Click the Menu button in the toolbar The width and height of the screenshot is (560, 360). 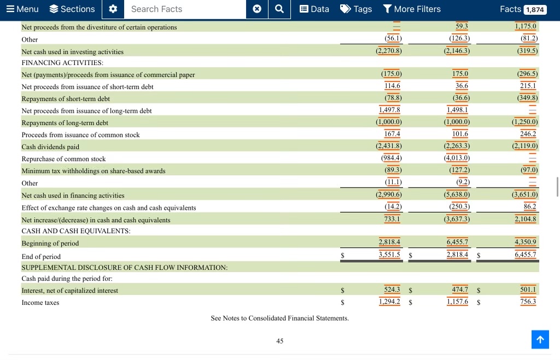(x=22, y=9)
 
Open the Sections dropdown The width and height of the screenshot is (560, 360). (x=72, y=9)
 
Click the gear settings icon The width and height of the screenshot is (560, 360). (x=113, y=9)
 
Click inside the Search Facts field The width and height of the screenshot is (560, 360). (x=185, y=9)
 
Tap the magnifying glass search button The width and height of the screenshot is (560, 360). (x=279, y=9)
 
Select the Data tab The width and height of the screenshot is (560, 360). (x=314, y=9)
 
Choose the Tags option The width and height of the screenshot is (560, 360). (x=356, y=9)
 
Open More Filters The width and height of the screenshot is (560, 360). (x=412, y=9)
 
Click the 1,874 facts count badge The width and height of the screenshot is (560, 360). (x=535, y=10)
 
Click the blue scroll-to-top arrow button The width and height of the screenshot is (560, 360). (x=540, y=340)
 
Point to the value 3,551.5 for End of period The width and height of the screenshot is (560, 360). (x=389, y=254)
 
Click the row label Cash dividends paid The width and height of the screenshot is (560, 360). (x=50, y=147)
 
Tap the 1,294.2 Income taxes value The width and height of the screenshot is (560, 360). (x=389, y=301)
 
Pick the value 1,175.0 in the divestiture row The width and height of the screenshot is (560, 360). (x=526, y=26)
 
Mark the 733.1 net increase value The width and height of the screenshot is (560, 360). (x=392, y=219)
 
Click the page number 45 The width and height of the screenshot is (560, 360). (x=279, y=341)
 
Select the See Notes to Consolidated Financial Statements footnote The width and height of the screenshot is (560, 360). (x=279, y=318)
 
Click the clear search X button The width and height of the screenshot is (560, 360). (x=257, y=9)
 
